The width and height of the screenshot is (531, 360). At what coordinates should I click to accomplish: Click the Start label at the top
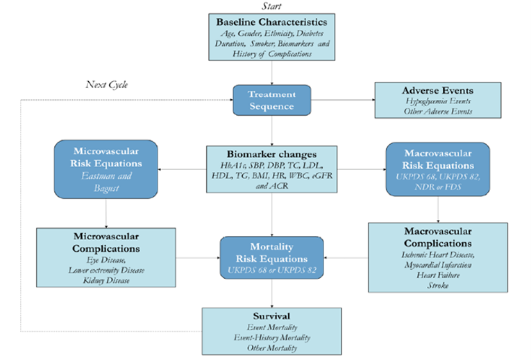[x=271, y=6]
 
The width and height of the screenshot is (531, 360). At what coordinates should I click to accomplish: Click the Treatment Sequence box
[x=271, y=100]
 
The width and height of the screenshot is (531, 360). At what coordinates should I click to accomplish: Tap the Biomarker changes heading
[x=271, y=154]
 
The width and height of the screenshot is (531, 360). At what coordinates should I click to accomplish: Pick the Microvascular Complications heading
[x=106, y=242]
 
